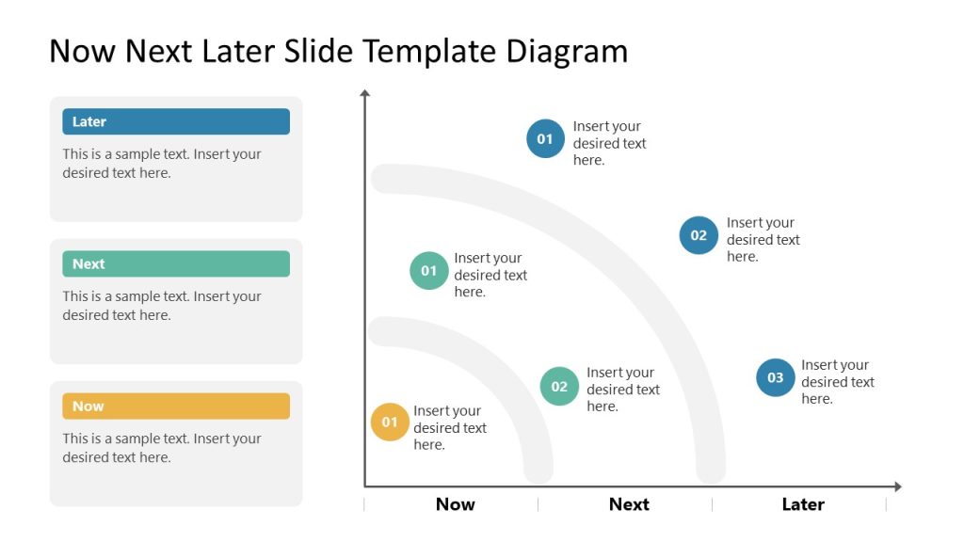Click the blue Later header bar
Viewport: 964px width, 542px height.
click(x=176, y=121)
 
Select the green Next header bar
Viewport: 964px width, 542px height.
click(x=176, y=263)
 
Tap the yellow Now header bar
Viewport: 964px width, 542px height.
click(x=176, y=406)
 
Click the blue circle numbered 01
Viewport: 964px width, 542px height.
click(x=545, y=139)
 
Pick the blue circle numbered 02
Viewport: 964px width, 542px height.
click(x=699, y=235)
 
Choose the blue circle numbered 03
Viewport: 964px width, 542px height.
click(x=775, y=377)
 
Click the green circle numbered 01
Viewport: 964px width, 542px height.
click(x=429, y=271)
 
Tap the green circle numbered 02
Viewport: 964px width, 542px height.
click(x=559, y=386)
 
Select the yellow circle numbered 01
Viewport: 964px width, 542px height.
click(x=390, y=422)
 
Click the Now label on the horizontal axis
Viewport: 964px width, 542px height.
click(x=455, y=504)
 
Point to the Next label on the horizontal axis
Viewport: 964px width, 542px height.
click(x=629, y=504)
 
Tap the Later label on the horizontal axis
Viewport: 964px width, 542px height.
click(x=803, y=504)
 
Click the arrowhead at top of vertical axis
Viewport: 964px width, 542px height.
click(x=365, y=93)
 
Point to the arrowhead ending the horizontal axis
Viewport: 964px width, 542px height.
click(x=897, y=486)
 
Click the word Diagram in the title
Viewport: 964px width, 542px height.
click(x=567, y=51)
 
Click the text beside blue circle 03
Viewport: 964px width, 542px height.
click(x=837, y=382)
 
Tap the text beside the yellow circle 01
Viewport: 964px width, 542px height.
click(x=449, y=427)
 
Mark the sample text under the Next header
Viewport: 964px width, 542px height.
click(x=161, y=306)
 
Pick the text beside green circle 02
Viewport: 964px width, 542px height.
click(x=622, y=390)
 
